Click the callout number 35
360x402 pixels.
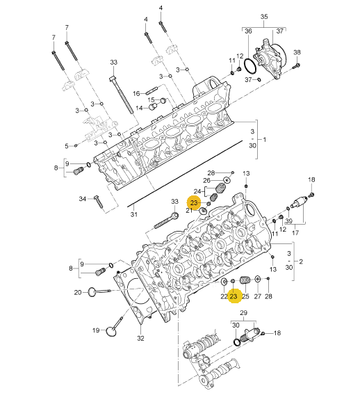pos(264,17)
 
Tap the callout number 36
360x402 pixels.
pos(248,31)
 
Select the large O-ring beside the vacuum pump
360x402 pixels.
pos(249,65)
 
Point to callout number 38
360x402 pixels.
pos(297,53)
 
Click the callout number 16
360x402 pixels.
pos(136,94)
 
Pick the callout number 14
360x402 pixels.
pos(139,108)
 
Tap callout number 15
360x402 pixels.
pos(152,99)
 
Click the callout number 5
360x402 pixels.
pos(67,146)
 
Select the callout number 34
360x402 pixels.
pos(82,199)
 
